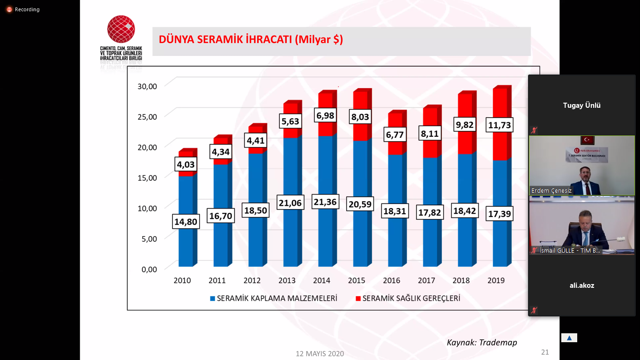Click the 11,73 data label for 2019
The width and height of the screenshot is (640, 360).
click(499, 126)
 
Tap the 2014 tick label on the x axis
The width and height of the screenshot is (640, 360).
click(321, 280)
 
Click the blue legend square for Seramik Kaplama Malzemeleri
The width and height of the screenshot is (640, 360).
click(212, 298)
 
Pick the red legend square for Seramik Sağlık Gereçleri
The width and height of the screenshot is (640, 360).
click(358, 298)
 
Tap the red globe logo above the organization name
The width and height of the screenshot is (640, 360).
click(121, 29)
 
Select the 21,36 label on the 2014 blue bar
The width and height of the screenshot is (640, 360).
click(325, 202)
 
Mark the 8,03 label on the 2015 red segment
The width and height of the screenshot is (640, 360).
click(360, 117)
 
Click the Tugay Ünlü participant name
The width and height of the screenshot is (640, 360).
click(581, 105)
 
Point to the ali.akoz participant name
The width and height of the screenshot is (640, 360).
click(581, 285)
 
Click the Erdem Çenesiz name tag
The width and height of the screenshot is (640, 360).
click(551, 190)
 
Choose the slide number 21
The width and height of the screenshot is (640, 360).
click(544, 352)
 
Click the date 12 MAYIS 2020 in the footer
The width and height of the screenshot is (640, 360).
click(320, 353)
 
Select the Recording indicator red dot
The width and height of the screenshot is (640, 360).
click(9, 9)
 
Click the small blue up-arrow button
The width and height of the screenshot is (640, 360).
click(569, 338)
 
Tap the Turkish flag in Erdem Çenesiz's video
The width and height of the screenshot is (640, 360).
click(587, 140)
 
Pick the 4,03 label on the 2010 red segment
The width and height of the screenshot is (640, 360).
click(186, 165)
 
